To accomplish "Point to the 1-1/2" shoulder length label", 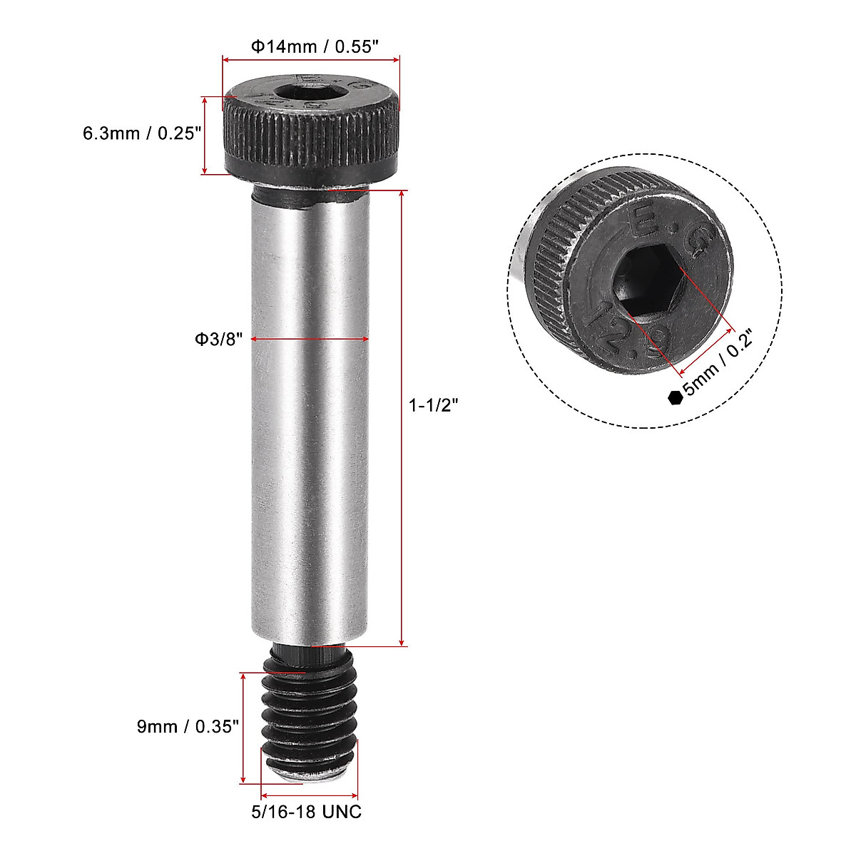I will (433, 406).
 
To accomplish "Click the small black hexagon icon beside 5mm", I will (674, 398).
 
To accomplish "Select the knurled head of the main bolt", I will (310, 136).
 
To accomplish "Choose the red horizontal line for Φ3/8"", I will (310, 340).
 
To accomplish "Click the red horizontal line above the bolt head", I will (311, 60).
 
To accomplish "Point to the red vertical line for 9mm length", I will (244, 727).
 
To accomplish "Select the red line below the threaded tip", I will (310, 795).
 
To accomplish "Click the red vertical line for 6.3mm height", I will (205, 136).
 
